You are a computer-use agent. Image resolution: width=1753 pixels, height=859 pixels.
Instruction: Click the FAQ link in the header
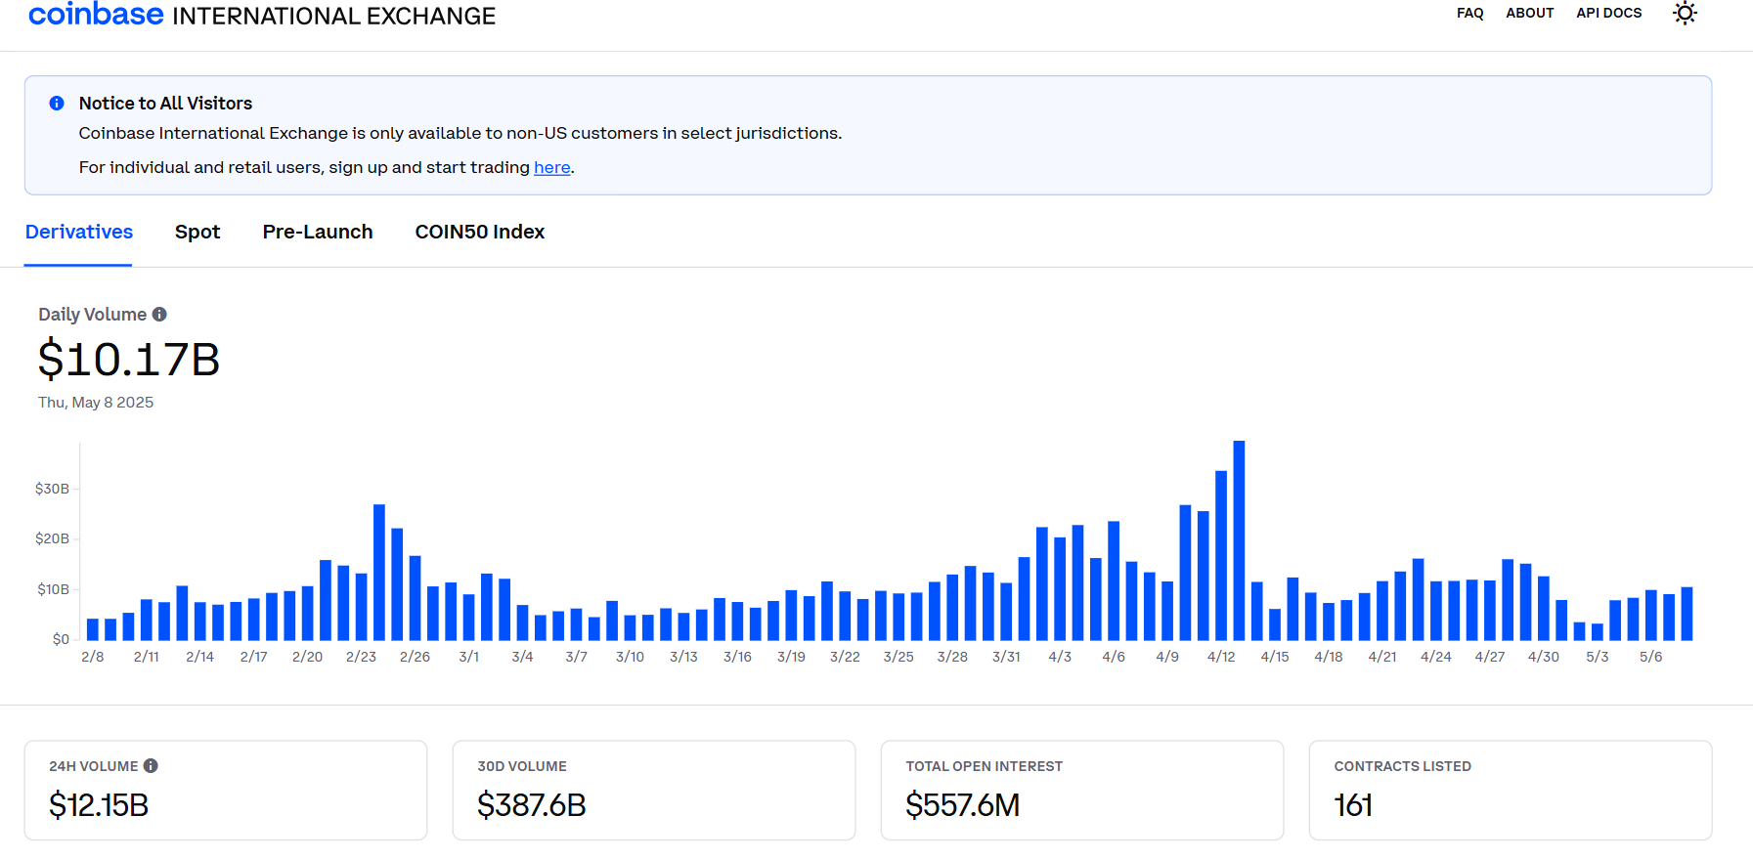click(1469, 14)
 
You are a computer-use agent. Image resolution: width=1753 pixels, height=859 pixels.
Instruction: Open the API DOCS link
click(1608, 14)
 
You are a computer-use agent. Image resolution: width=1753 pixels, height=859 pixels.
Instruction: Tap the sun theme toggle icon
click(1684, 14)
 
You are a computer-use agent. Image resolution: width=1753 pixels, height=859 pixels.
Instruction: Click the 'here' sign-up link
click(551, 168)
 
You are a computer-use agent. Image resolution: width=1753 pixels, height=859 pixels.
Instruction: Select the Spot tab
click(197, 233)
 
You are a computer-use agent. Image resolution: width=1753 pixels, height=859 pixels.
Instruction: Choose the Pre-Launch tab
click(318, 233)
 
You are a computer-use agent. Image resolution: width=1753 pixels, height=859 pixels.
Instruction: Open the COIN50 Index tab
click(479, 233)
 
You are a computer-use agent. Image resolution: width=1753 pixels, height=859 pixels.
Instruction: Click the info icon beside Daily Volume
click(159, 315)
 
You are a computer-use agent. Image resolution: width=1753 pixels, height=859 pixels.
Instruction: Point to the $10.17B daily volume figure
click(129, 360)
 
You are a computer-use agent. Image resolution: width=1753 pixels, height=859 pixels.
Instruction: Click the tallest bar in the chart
click(1239, 540)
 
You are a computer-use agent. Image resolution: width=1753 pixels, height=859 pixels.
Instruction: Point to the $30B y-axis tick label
click(52, 489)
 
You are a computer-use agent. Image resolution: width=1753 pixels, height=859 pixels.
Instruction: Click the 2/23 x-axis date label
click(361, 657)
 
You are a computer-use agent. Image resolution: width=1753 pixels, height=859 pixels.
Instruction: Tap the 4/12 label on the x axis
click(1221, 657)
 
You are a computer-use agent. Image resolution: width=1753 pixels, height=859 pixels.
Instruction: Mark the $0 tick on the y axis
click(61, 639)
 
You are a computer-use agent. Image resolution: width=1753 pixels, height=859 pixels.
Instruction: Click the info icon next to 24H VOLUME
click(151, 766)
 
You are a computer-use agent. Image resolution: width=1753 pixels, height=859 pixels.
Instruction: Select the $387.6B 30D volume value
click(531, 805)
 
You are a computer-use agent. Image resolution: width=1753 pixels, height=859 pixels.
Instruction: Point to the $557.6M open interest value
click(962, 805)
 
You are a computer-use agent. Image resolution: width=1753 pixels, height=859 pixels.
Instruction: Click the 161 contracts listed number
click(1353, 805)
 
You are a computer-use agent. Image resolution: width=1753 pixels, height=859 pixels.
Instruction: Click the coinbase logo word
click(96, 15)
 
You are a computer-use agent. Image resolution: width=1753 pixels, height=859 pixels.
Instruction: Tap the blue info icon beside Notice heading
click(57, 104)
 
